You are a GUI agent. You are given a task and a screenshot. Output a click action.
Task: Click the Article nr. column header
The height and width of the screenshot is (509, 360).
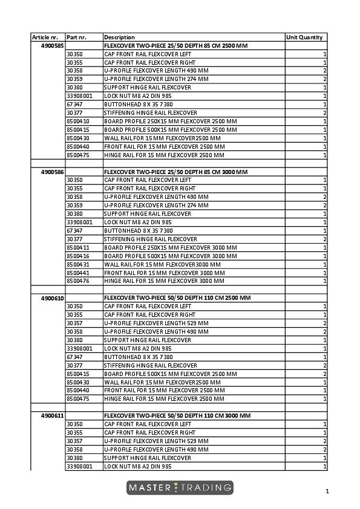pos(45,37)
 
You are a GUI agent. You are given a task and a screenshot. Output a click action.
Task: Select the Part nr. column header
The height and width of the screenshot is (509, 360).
pos(76,37)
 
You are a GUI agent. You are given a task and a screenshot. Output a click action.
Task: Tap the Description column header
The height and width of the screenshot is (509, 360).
pos(120,37)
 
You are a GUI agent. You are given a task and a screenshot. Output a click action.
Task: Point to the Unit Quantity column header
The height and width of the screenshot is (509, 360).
pos(304,37)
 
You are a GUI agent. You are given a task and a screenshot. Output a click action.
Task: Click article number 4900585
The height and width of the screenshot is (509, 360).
pos(53,45)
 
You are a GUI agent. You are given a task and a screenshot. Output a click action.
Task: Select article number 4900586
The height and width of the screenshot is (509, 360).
pos(53,172)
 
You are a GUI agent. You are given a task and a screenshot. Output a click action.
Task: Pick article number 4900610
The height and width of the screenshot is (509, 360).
pos(53,299)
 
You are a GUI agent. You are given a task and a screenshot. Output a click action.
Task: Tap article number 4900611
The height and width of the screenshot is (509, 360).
pos(53,417)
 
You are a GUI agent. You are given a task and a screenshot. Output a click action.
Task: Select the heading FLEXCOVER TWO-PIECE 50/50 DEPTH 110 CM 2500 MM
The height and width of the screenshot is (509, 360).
pos(176,299)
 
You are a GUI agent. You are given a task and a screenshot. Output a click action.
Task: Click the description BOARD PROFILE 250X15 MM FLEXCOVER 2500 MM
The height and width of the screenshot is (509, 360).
pos(171,122)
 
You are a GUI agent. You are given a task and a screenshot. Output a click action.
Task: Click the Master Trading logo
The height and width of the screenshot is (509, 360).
pos(180,487)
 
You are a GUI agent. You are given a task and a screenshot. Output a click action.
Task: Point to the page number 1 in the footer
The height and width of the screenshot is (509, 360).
pos(327,491)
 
